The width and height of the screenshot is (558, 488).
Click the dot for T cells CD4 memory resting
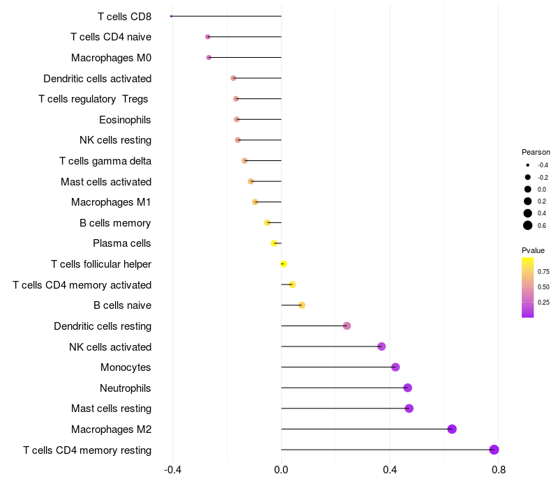(495, 450)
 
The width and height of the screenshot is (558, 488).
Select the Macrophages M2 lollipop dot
(452, 429)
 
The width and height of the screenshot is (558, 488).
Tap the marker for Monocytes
(395, 367)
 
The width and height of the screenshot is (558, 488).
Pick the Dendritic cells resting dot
(347, 326)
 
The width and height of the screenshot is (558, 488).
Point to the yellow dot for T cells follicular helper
(283, 264)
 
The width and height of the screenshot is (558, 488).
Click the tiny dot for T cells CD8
(171, 16)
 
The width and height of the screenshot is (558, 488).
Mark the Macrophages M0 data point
(209, 57)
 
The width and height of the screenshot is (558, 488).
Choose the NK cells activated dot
(382, 346)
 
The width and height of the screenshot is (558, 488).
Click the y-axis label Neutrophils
(126, 388)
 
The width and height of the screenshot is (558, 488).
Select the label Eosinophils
(125, 120)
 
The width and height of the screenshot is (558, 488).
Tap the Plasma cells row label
(122, 243)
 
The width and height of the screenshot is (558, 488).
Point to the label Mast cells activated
(106, 182)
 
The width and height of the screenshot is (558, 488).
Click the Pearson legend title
(536, 152)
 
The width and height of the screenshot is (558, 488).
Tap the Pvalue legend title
(533, 250)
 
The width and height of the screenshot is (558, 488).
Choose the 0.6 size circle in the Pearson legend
(528, 225)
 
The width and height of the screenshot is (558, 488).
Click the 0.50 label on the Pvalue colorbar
(543, 287)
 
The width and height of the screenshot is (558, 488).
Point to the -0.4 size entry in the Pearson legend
(528, 165)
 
